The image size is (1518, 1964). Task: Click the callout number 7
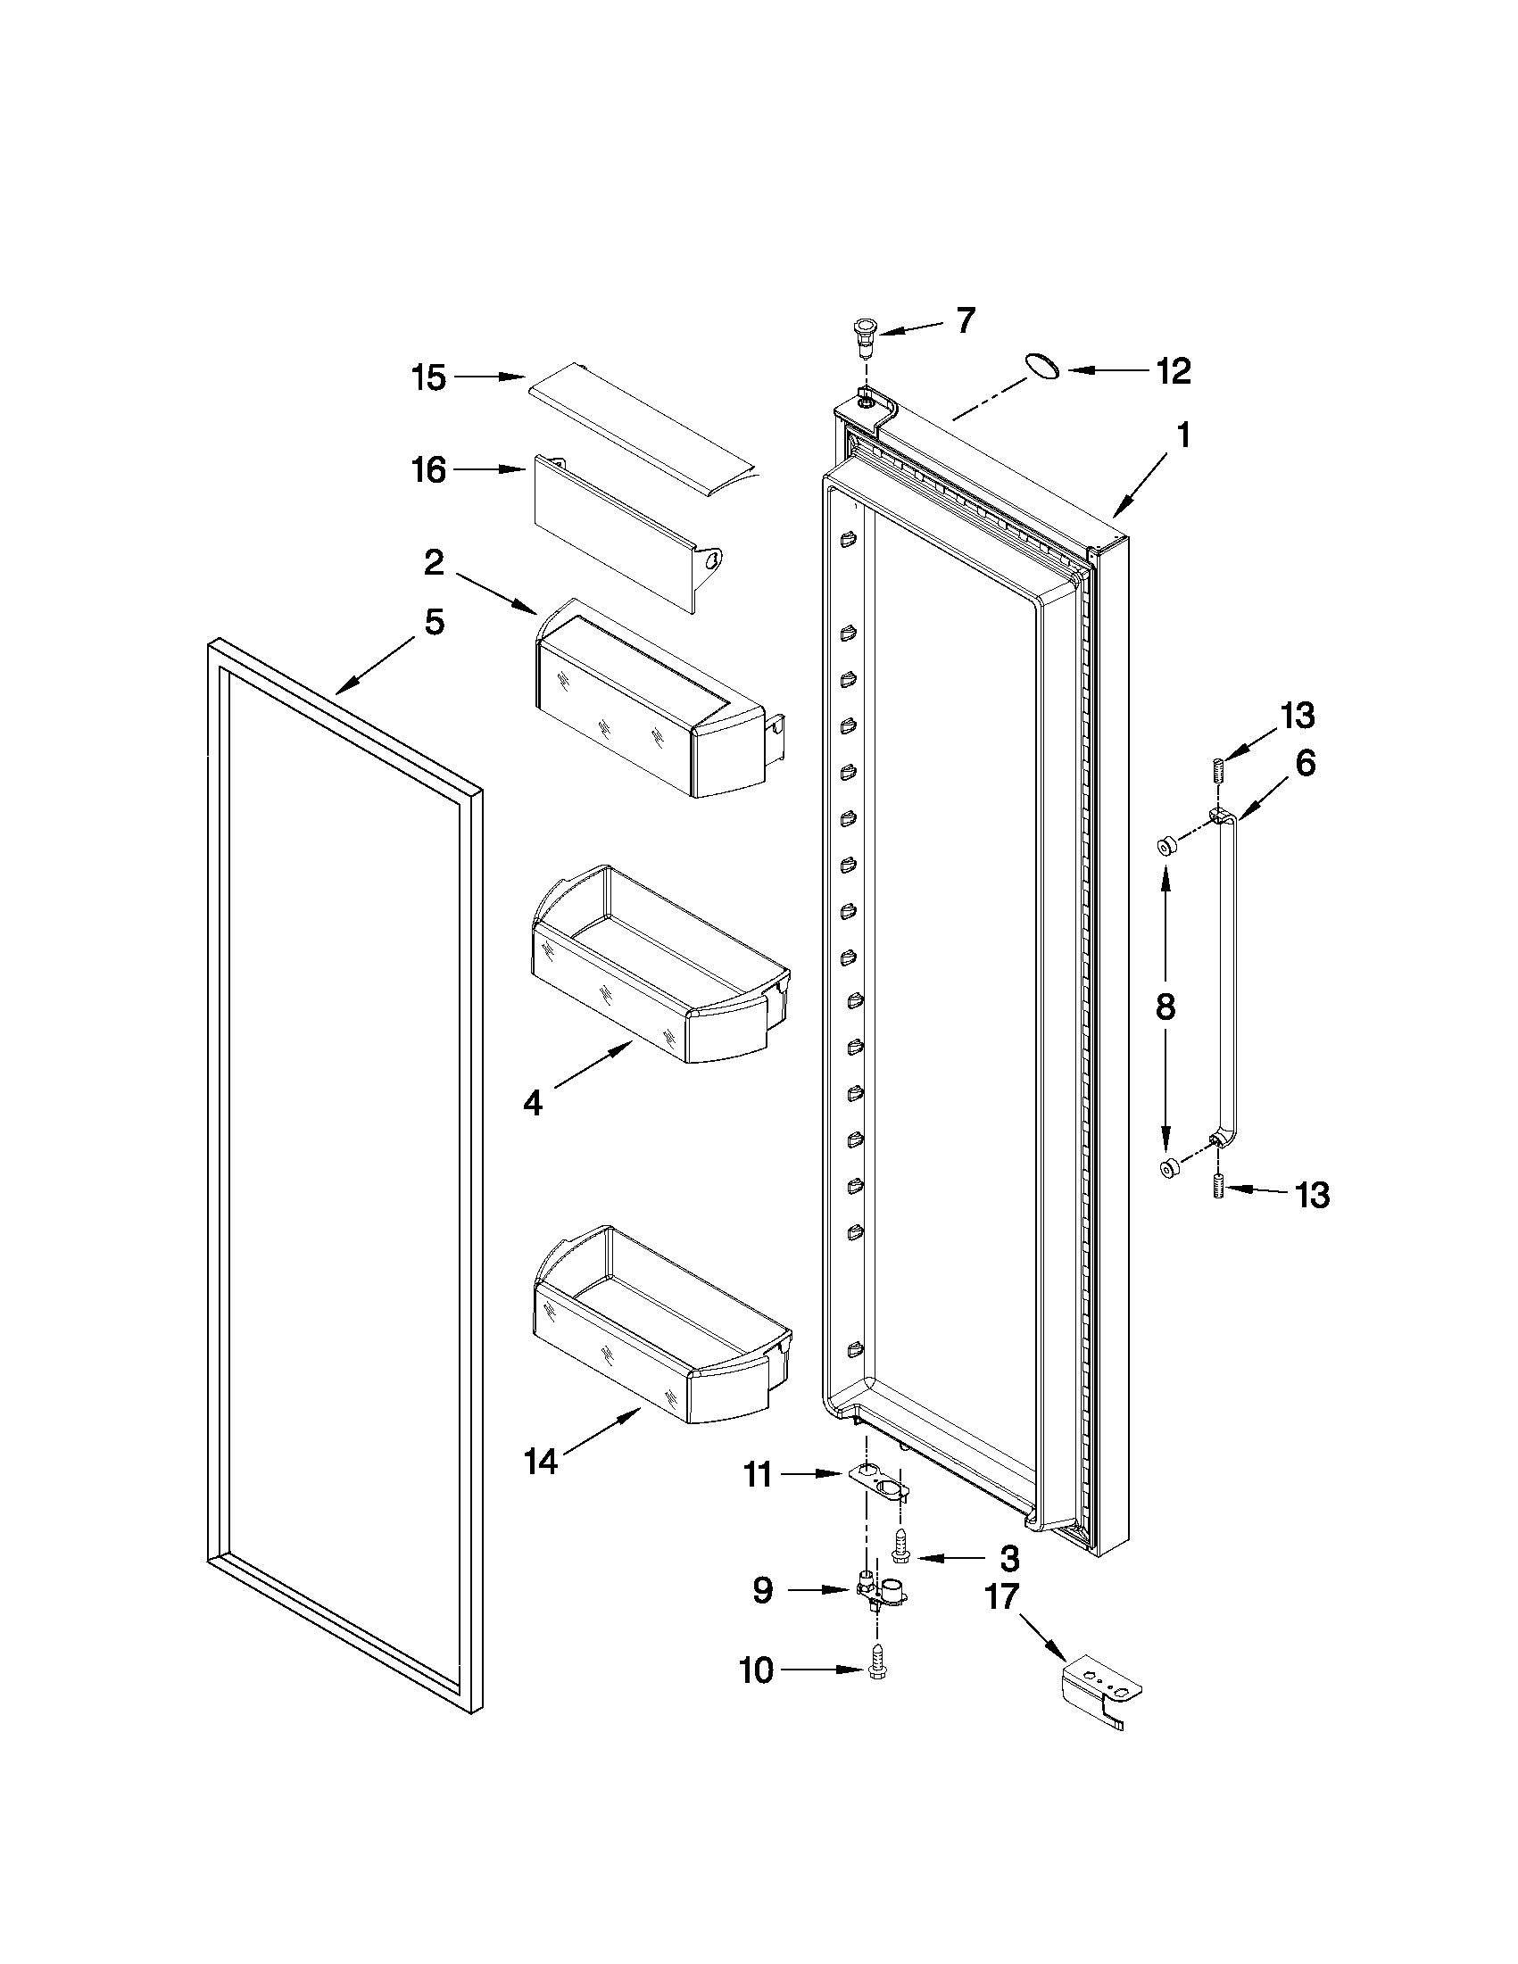[965, 320]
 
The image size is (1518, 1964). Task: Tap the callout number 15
[429, 377]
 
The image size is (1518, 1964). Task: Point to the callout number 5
[435, 622]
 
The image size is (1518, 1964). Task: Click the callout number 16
[429, 469]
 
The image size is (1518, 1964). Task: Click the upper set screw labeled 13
[1217, 772]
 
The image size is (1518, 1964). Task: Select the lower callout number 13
[1312, 1195]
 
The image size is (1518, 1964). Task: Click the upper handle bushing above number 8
[1166, 845]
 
